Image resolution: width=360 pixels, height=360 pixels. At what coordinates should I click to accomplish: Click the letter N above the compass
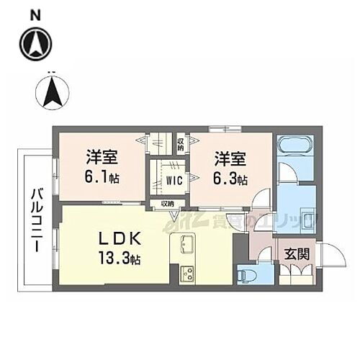(36, 13)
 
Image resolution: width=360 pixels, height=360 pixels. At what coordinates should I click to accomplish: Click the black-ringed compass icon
(37, 43)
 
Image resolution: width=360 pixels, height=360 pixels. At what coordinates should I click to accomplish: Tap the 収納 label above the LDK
(167, 204)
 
